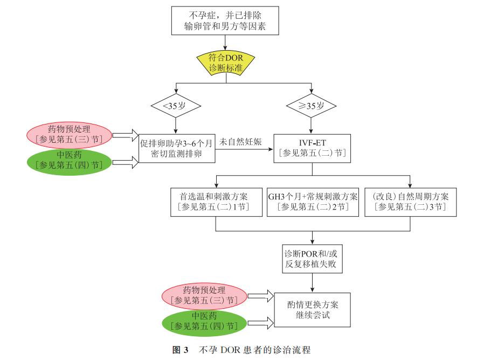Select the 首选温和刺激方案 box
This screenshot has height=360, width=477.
click(x=216, y=201)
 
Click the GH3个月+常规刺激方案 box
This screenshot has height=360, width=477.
click(x=313, y=201)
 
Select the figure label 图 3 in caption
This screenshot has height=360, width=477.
click(x=180, y=350)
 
